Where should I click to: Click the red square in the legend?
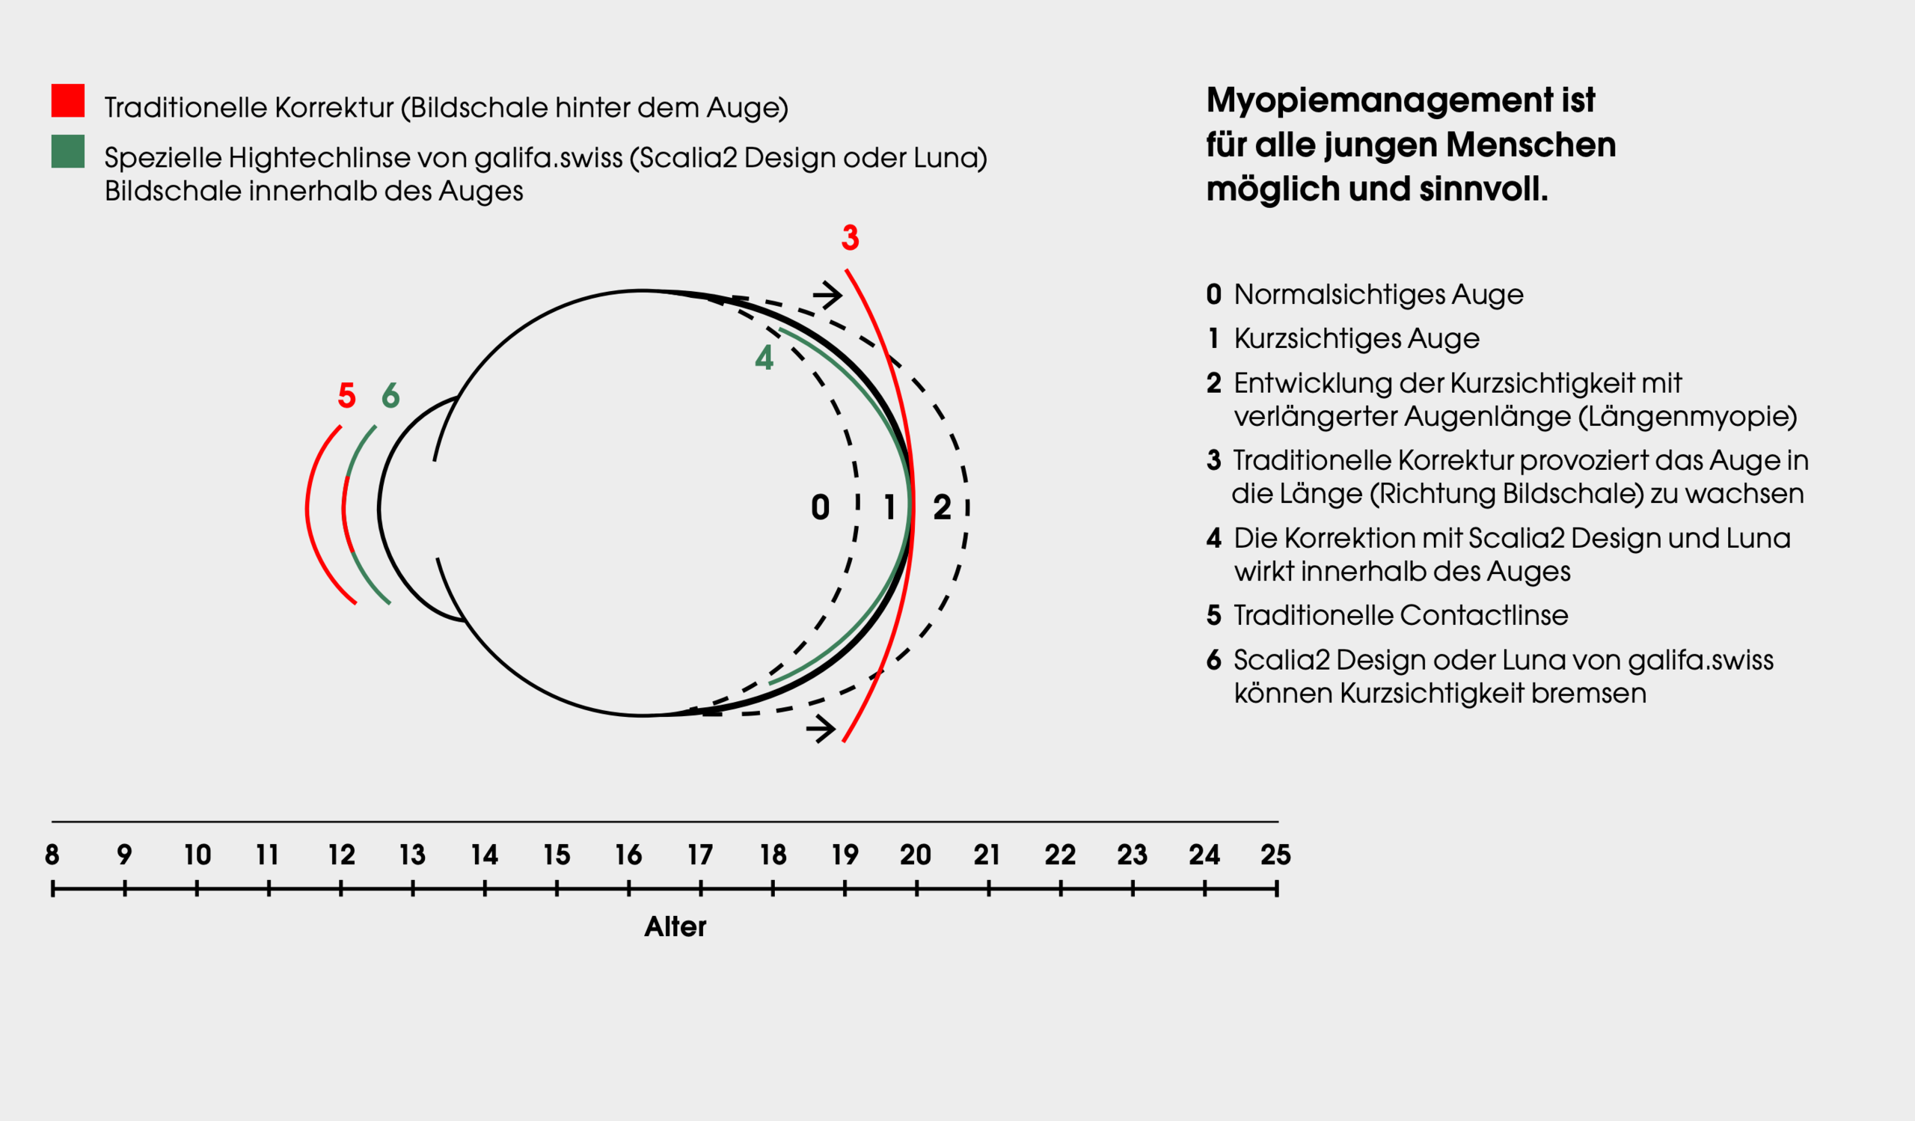pyautogui.click(x=67, y=100)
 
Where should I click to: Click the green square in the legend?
pyautogui.click(x=67, y=151)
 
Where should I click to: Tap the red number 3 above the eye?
pyautogui.click(x=851, y=238)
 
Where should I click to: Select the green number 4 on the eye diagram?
pyautogui.click(x=764, y=357)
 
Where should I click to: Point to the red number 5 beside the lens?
pyautogui.click(x=346, y=395)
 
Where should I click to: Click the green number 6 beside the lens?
pyautogui.click(x=390, y=395)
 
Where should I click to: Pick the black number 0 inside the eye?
pyautogui.click(x=820, y=507)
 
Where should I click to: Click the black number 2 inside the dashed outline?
pyautogui.click(x=943, y=507)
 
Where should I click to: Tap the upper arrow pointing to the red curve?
pyautogui.click(x=827, y=294)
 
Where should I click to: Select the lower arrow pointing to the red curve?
pyautogui.click(x=821, y=729)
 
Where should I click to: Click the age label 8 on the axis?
pyautogui.click(x=52, y=855)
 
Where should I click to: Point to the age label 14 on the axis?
pyautogui.click(x=484, y=855)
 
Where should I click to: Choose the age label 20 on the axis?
pyautogui.click(x=916, y=855)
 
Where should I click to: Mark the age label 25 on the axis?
pyautogui.click(x=1275, y=855)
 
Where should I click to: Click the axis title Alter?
pyautogui.click(x=675, y=927)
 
